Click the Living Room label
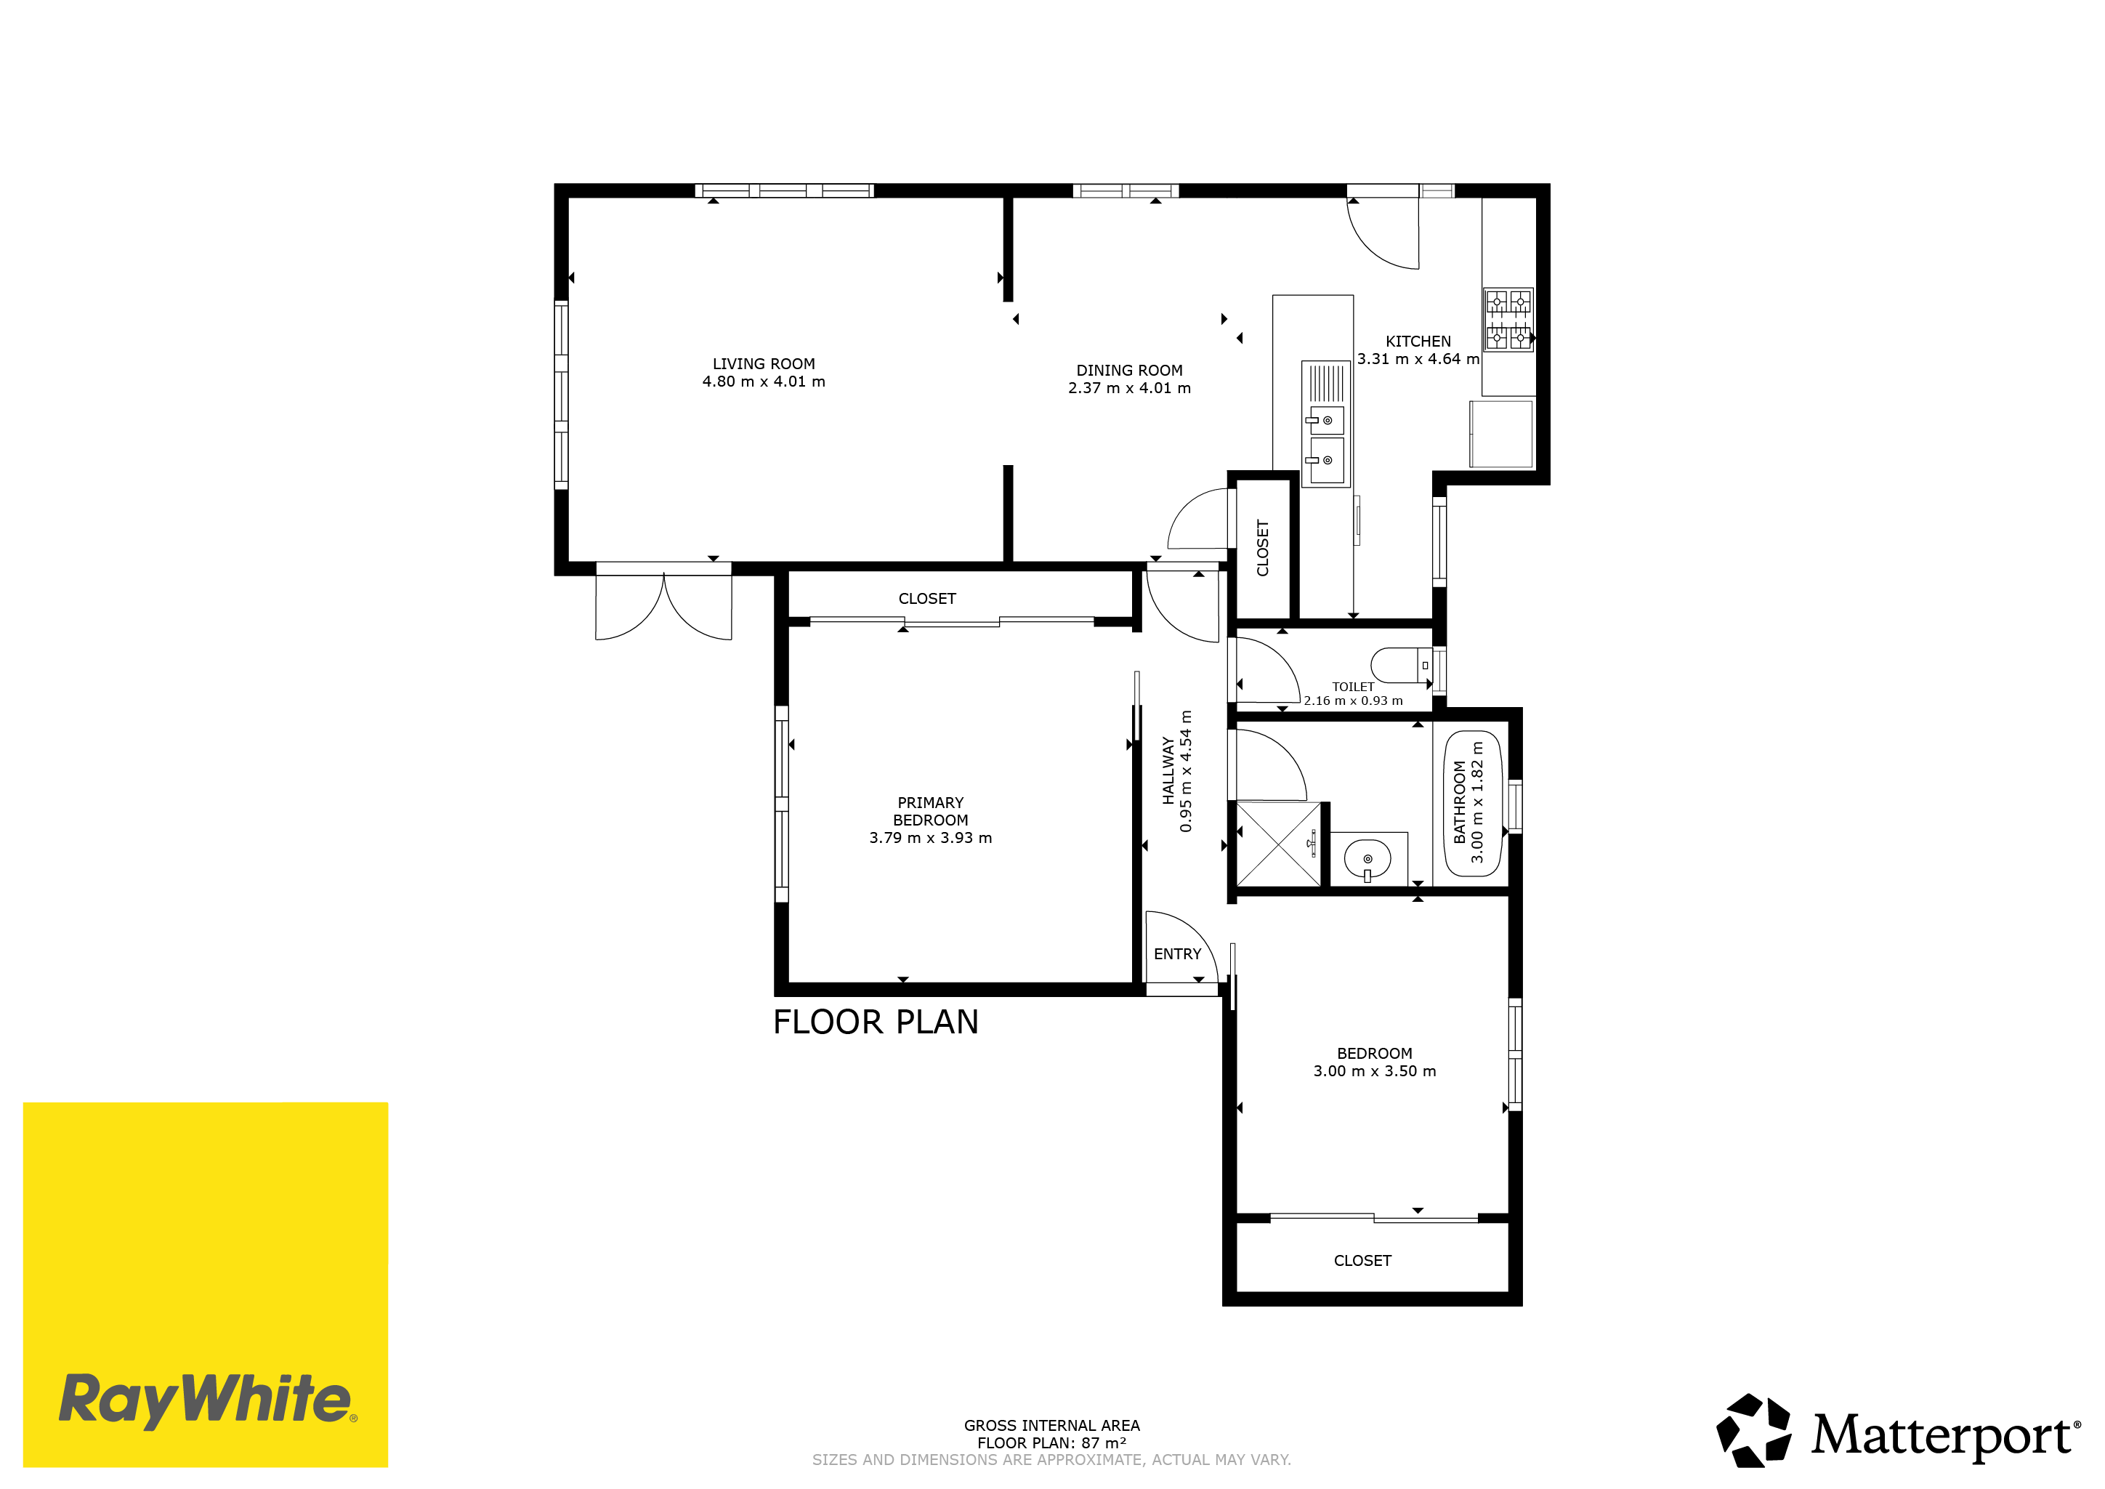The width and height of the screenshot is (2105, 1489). click(764, 364)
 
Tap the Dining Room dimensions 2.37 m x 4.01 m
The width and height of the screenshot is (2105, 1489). click(1129, 389)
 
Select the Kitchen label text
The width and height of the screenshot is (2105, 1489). click(1418, 341)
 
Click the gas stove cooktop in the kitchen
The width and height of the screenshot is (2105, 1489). click(1508, 319)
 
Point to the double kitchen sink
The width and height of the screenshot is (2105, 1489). click(1326, 423)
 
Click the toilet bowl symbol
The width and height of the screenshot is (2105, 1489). click(1402, 666)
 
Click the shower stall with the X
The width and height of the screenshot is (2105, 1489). click(1278, 844)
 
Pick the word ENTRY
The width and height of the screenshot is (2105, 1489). click(1177, 954)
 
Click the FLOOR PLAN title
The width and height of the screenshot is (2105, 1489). click(876, 1022)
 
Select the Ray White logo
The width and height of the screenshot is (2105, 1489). click(206, 1285)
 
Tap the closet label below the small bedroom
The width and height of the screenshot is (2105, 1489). click(1362, 1262)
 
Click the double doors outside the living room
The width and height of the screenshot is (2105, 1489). click(664, 603)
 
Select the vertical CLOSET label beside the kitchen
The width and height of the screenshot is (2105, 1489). click(1262, 548)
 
